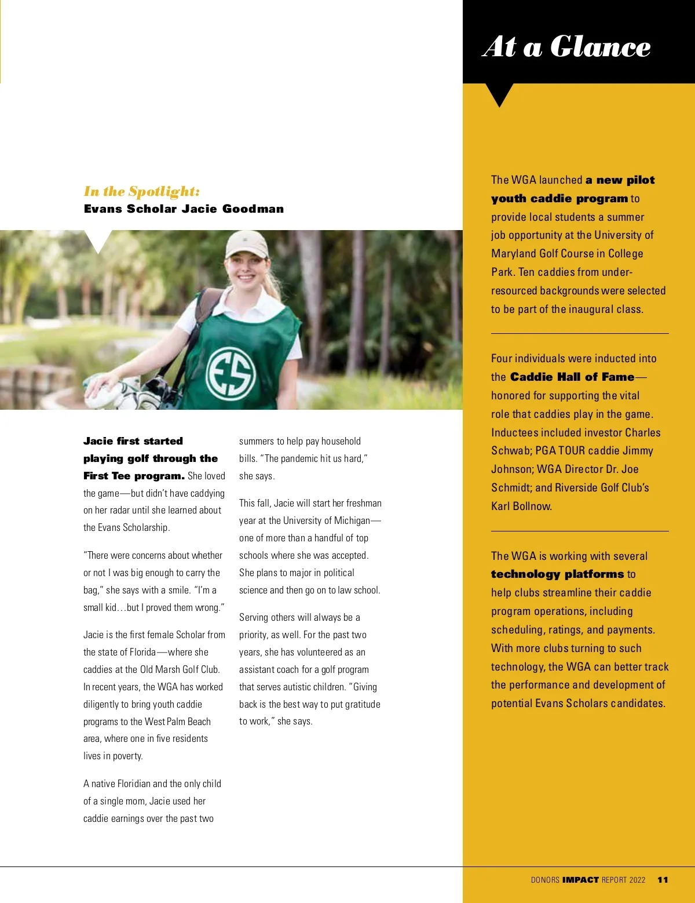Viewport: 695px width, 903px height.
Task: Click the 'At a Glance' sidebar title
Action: [x=566, y=46]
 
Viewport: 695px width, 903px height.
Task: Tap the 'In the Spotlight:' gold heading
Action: [x=142, y=191]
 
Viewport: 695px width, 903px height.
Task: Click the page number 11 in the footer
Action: [x=663, y=880]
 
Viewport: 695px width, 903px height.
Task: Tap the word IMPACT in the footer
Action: [x=580, y=880]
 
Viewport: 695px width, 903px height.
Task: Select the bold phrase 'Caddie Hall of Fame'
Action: [x=572, y=377]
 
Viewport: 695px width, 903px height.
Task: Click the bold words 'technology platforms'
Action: [x=557, y=574]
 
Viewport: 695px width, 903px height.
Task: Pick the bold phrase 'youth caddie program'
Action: [x=559, y=198]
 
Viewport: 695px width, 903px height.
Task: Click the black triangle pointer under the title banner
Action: [x=499, y=94]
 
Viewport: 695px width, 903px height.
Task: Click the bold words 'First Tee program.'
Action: [x=134, y=476]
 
